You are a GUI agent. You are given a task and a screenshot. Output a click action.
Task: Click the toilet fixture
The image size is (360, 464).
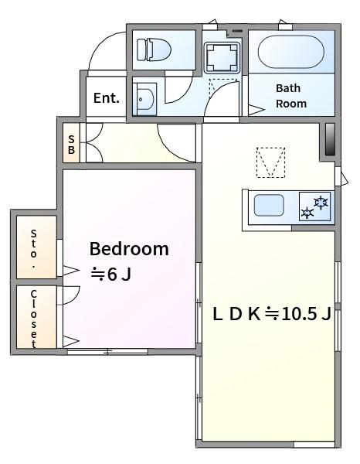154,49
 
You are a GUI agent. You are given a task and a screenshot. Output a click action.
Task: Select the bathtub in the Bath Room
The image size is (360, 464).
290,52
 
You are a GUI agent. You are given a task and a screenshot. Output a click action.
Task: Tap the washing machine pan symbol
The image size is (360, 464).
222,58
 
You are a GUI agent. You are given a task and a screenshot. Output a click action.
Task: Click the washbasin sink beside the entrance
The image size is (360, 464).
144,99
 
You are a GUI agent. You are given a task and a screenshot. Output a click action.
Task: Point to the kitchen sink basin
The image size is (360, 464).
269,205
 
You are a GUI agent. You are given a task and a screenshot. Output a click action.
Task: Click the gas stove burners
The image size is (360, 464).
314,206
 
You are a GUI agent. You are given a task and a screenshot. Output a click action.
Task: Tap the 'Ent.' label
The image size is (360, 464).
107,98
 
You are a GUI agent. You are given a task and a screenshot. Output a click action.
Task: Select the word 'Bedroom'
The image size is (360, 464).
129,249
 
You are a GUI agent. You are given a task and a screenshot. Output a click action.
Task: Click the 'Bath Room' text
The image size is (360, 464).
290,96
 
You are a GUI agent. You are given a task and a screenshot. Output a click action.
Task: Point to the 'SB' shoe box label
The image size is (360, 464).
71,145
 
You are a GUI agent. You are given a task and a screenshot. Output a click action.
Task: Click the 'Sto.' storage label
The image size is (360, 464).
34,248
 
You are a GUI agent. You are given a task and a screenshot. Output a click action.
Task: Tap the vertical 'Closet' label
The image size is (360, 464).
34,319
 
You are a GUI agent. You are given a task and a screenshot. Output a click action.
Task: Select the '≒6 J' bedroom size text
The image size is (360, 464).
110,275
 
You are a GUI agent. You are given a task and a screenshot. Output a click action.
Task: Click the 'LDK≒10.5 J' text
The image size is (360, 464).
272,314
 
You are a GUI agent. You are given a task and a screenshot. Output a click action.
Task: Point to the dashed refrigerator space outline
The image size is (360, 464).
270,162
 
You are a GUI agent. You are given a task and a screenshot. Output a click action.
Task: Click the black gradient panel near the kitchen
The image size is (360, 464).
330,139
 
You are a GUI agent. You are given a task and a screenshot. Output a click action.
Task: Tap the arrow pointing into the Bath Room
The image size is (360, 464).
256,110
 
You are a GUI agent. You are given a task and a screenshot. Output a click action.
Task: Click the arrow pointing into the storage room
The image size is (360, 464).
71,270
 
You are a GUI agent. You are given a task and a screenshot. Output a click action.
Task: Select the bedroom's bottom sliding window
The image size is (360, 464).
107,352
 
